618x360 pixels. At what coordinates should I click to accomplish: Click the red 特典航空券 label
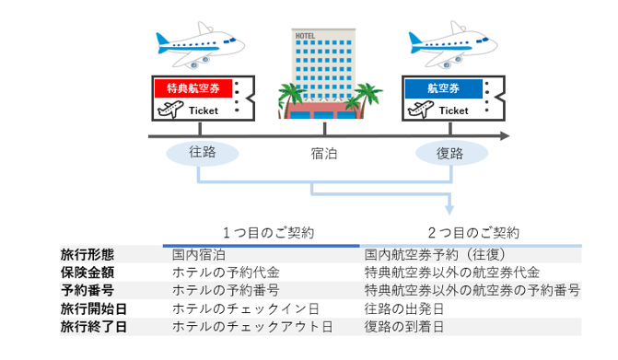(192, 89)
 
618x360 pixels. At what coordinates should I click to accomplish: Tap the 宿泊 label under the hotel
(324, 154)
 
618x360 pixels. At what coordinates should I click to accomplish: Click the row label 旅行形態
(88, 253)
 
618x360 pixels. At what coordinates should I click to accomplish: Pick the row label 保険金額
(88, 272)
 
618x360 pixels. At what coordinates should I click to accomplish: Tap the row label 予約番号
(88, 290)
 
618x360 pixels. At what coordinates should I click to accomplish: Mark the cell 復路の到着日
(404, 327)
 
